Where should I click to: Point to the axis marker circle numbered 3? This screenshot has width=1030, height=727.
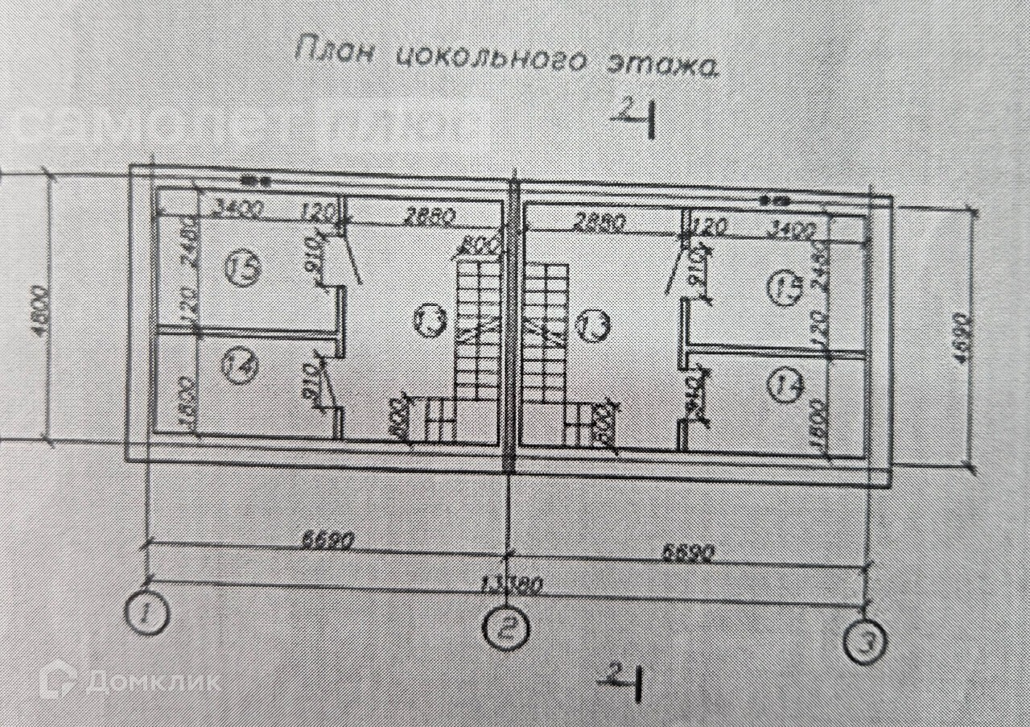864,643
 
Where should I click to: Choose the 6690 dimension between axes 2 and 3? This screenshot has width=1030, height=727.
688,553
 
